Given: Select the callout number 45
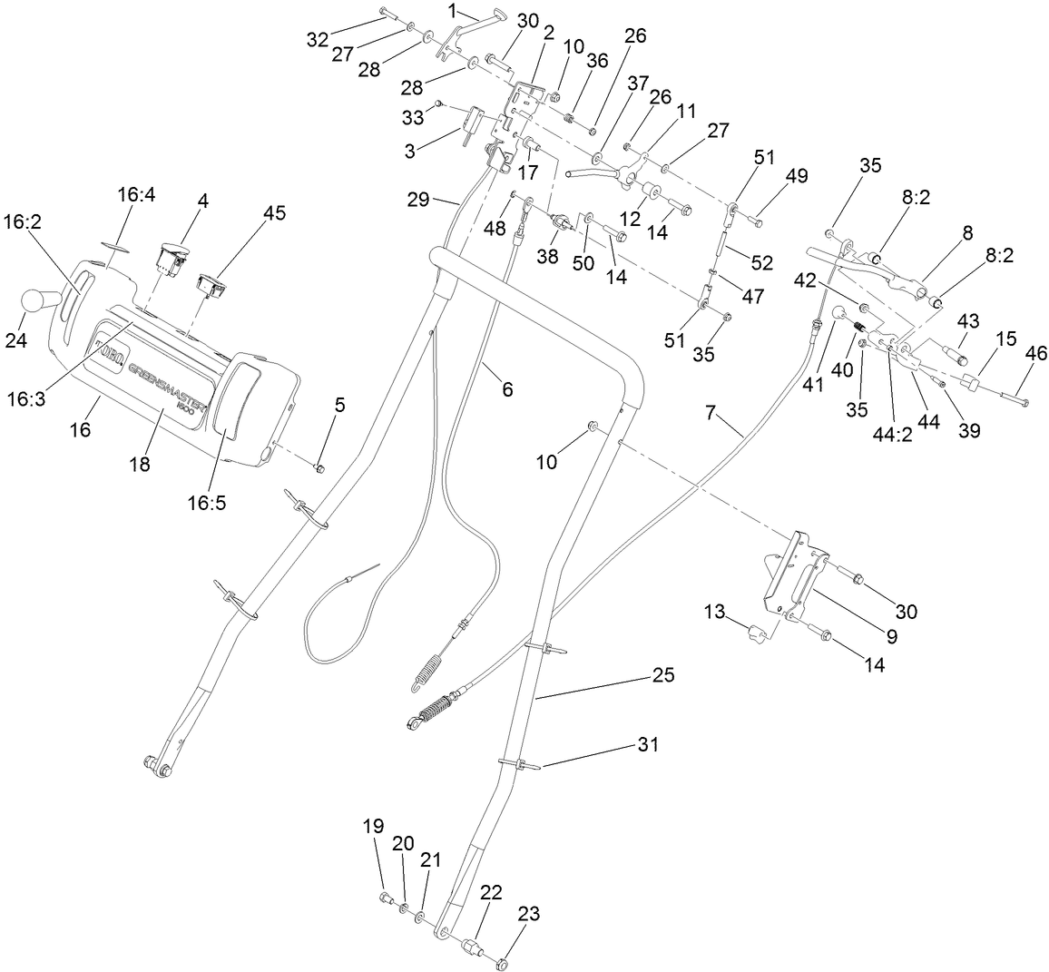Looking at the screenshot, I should [274, 212].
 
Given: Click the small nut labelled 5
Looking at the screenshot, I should [319, 466].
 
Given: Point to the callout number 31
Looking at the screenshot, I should [647, 744].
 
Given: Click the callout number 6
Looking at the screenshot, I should [506, 389].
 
